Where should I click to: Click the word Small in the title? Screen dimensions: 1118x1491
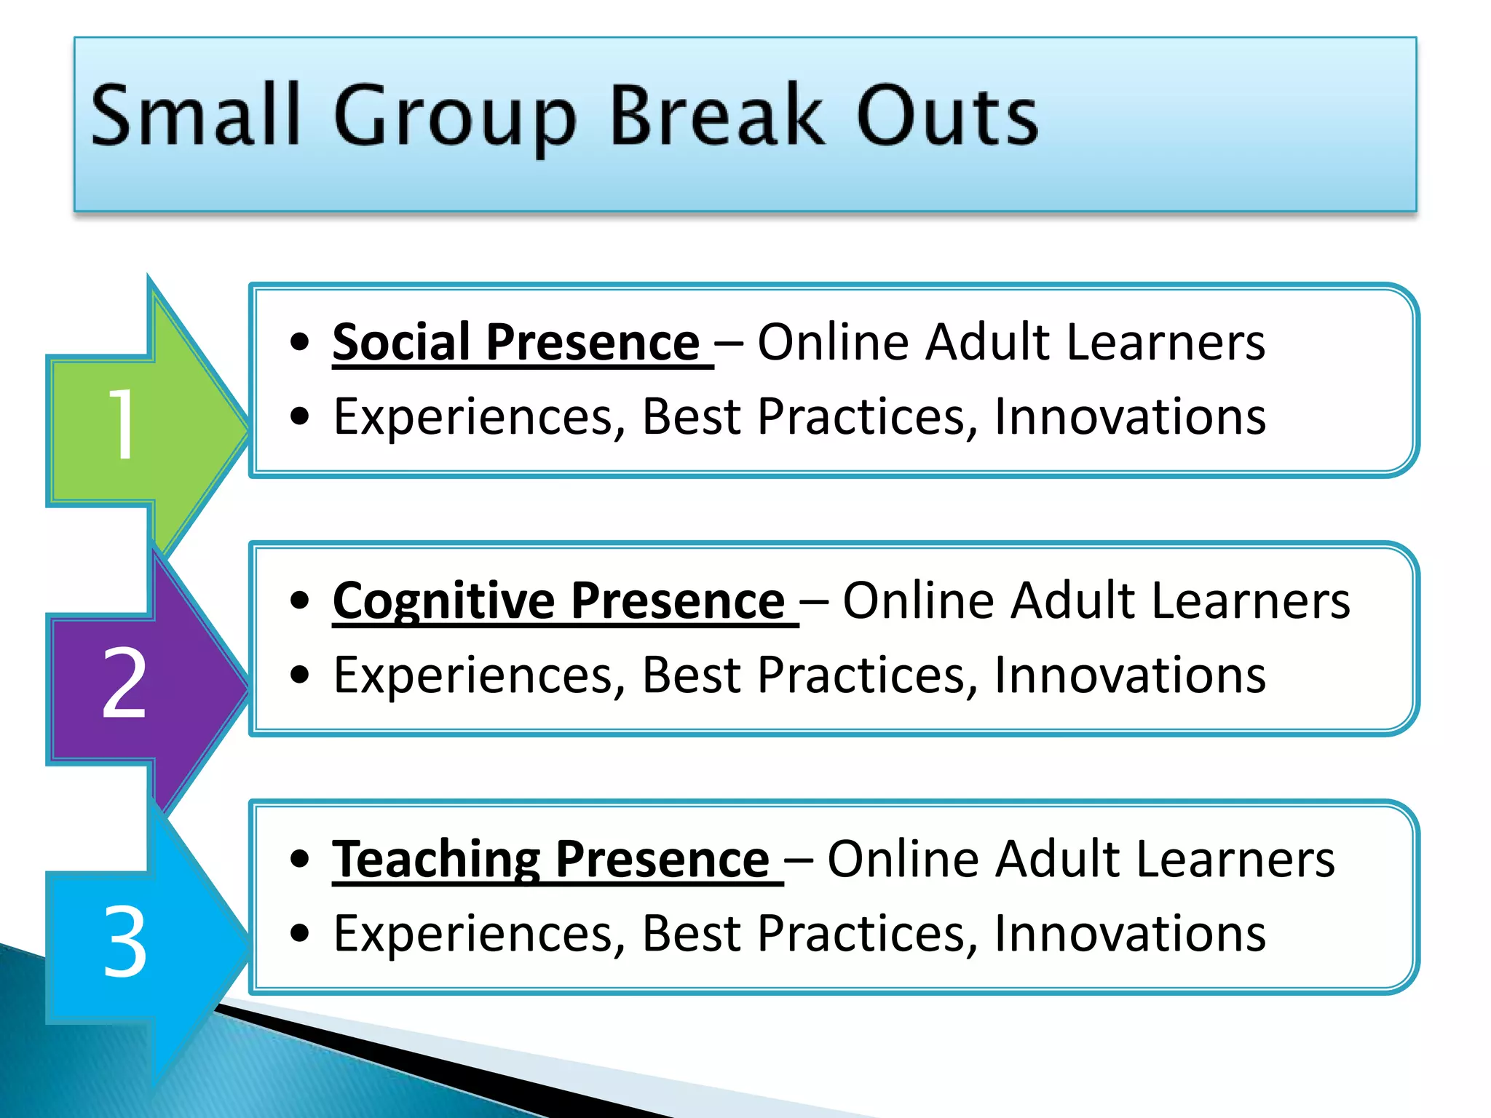click(195, 115)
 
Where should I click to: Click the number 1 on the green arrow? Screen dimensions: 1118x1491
click(122, 424)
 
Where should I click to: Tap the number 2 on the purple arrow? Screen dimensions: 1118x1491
click(124, 683)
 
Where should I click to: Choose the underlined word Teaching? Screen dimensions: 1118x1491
click(436, 860)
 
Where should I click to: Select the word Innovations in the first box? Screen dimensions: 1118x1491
click(1129, 417)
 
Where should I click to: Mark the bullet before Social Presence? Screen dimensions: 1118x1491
click(299, 342)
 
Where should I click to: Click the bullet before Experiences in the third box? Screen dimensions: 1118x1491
click(299, 933)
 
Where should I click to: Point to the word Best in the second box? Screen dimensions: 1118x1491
click(691, 675)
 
